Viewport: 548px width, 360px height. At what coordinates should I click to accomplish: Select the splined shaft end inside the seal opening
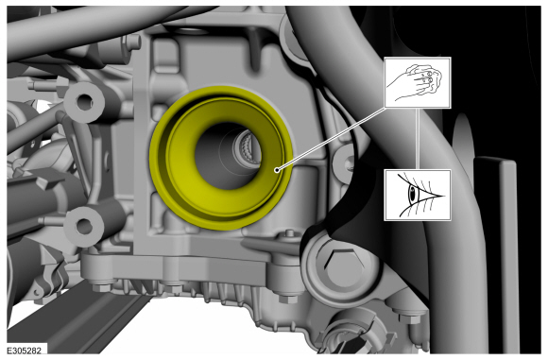point(248,150)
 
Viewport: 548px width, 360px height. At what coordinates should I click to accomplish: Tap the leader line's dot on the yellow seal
point(277,170)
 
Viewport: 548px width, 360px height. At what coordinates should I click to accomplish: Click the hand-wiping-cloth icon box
point(418,82)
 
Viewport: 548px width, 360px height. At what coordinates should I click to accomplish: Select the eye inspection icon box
point(418,195)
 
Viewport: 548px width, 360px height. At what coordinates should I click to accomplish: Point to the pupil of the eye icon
point(412,192)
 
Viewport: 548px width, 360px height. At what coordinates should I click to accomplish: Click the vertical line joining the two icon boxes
point(418,139)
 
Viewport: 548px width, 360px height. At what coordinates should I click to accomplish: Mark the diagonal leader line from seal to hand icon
point(332,139)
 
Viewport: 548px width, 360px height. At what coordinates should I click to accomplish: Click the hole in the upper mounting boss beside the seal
point(84,102)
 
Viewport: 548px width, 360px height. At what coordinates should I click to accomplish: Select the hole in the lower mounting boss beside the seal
point(84,226)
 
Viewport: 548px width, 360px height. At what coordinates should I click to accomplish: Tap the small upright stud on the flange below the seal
point(289,233)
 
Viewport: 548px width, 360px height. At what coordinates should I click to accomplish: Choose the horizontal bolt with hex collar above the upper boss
point(49,84)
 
